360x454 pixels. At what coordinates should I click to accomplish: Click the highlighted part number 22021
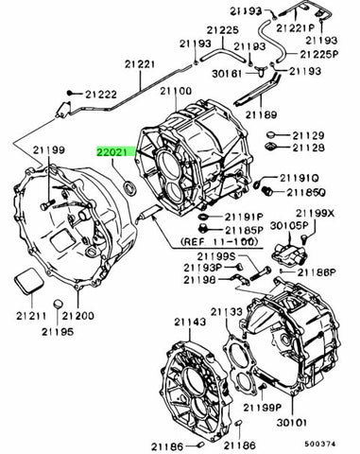[x=114, y=149]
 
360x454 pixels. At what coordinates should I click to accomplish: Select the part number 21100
[x=176, y=91]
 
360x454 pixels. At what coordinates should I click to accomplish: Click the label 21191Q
[x=300, y=177]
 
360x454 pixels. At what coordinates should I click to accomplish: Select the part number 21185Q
[x=301, y=192]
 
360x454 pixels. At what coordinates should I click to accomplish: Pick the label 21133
[x=228, y=311]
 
